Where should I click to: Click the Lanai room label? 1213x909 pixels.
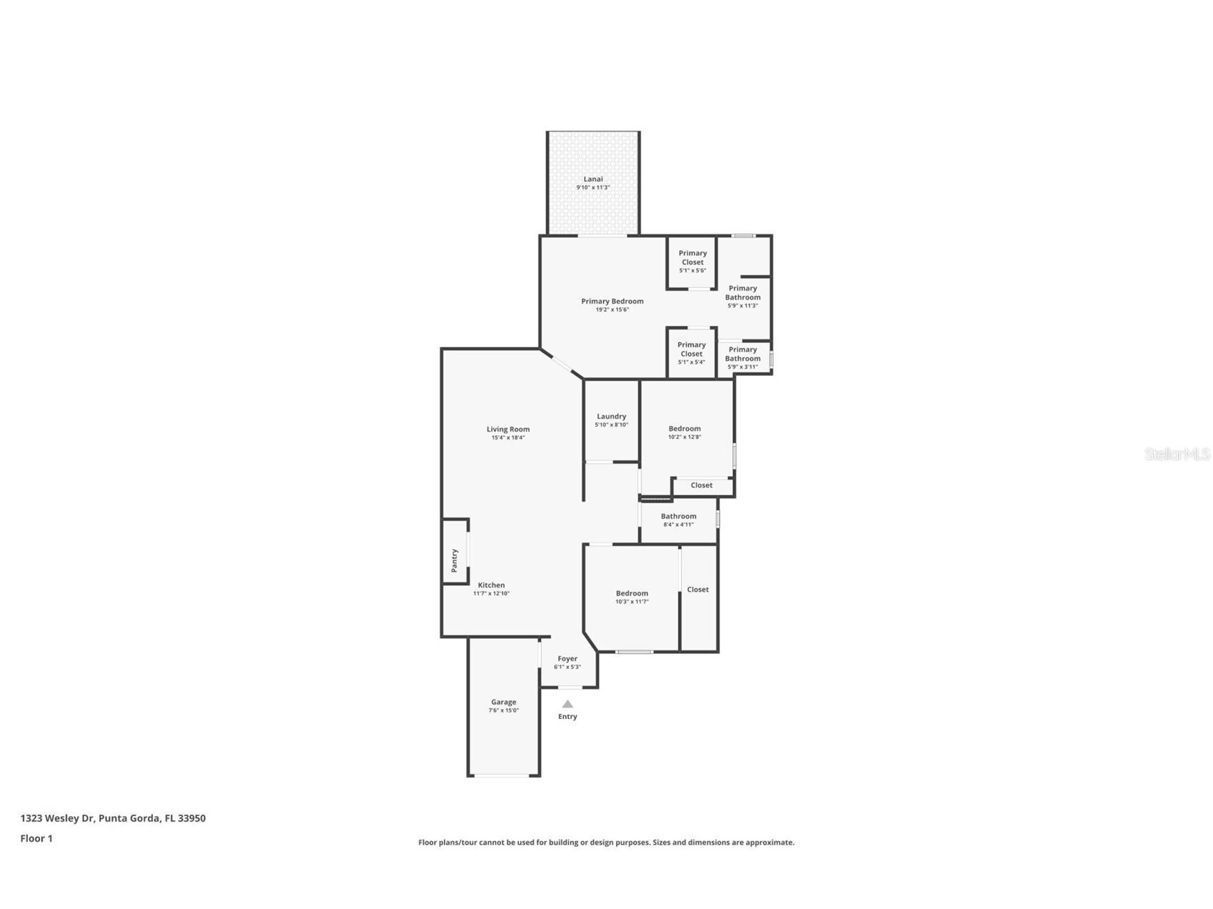tap(593, 179)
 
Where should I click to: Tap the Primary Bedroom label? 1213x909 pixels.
tap(612, 302)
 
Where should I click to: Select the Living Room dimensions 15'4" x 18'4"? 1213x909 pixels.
tap(508, 438)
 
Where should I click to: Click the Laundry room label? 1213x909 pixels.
tap(611, 416)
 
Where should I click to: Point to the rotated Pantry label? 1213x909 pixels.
tap(454, 560)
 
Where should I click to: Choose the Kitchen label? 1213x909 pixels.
tap(491, 585)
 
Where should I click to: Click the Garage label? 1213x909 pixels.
tap(503, 702)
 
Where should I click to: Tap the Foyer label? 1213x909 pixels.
tap(568, 659)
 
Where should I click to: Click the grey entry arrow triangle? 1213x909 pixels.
tap(568, 704)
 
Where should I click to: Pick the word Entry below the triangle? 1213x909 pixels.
tap(568, 717)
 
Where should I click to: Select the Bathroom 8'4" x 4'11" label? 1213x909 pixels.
tap(678, 520)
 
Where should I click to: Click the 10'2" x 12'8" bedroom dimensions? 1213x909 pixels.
tap(684, 437)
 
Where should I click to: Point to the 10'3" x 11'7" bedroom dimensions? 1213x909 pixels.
tap(632, 602)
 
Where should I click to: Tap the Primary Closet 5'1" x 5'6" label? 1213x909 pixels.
tap(692, 261)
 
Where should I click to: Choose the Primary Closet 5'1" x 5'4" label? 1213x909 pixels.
tap(691, 353)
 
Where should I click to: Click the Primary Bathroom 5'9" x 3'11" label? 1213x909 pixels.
tap(743, 357)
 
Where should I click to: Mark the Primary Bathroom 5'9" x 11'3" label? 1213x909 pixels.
tap(743, 297)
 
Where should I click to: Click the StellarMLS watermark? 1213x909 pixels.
tap(1177, 454)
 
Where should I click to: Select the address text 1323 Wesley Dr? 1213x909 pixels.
tap(57, 818)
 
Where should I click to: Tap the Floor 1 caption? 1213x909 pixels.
tap(36, 838)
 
